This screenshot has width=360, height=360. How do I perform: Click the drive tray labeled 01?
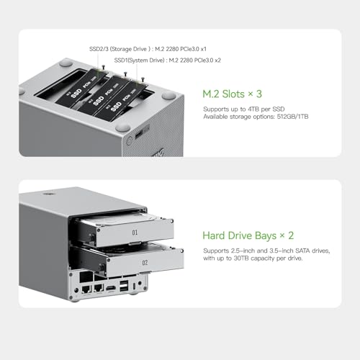click(x=134, y=233)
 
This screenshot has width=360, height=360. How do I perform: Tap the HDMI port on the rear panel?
click(x=112, y=289)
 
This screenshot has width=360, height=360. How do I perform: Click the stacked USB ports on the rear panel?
click(x=127, y=289)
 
